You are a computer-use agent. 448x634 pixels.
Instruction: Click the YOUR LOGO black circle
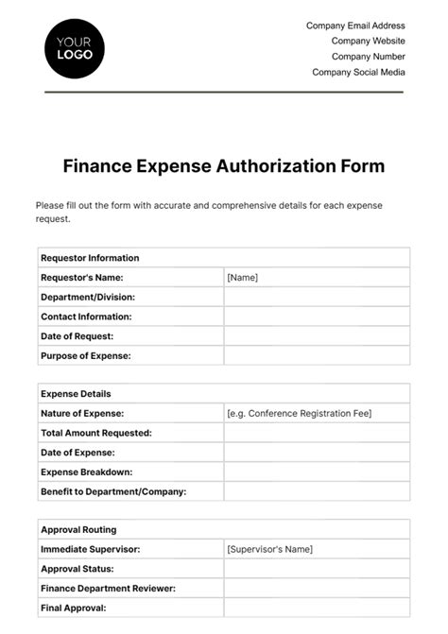pos(75,48)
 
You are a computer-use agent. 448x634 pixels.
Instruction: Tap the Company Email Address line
pos(355,26)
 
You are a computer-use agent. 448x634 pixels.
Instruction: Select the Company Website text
pos(368,41)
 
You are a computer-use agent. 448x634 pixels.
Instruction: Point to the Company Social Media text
pos(358,72)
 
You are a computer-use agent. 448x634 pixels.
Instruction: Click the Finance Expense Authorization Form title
pos(224,166)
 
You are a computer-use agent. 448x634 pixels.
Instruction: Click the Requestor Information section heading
pos(90,258)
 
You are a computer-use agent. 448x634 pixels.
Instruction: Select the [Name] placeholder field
pos(243,278)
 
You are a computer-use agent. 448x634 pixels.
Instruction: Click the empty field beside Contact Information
pos(317,317)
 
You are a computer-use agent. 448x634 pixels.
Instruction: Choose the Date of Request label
pos(78,336)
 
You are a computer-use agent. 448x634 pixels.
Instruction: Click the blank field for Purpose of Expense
pos(317,356)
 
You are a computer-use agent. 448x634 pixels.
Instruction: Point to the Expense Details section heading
pos(76,394)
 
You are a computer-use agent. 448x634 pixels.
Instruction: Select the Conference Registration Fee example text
pos(300,414)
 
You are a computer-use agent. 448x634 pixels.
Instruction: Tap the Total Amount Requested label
pos(96,433)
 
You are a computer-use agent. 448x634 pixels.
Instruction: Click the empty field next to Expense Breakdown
pos(317,471)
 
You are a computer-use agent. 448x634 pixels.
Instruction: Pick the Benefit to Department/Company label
pos(113,491)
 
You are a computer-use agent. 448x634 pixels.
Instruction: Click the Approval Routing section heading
pos(79,530)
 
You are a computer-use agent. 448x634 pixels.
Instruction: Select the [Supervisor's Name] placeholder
pos(270,549)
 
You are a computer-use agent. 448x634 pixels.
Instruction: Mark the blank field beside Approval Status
pos(317,569)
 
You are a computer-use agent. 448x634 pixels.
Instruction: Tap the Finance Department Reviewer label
pos(108,589)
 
